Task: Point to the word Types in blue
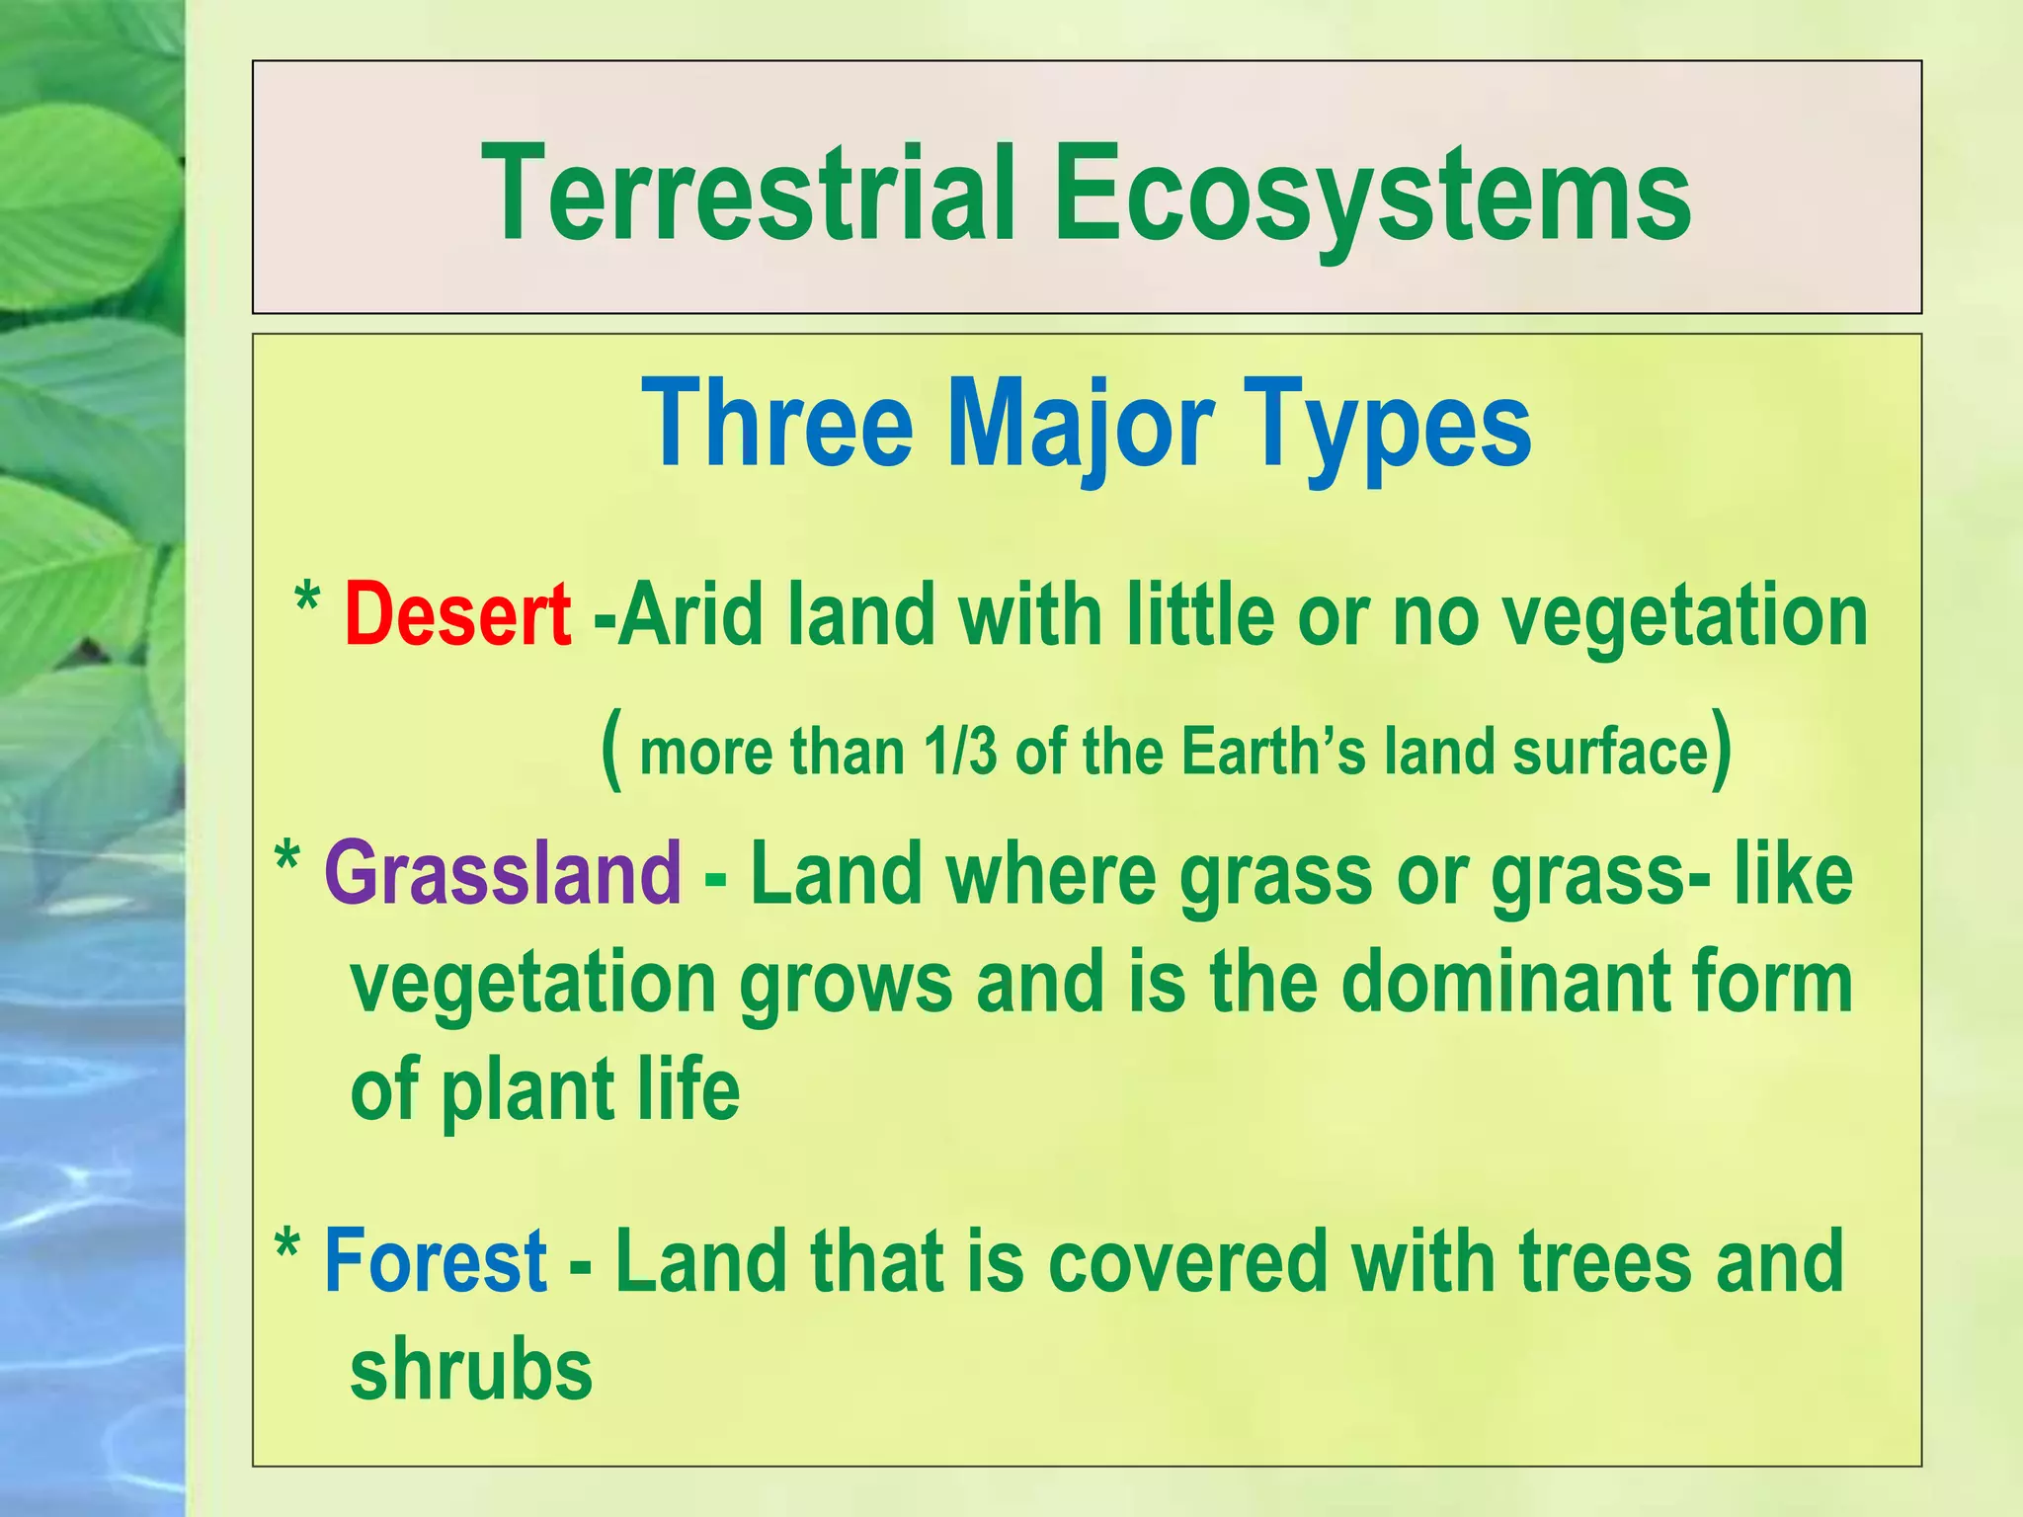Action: (x=1392, y=425)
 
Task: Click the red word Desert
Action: (x=457, y=614)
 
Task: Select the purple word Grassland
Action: (x=503, y=873)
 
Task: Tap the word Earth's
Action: (x=1274, y=752)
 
